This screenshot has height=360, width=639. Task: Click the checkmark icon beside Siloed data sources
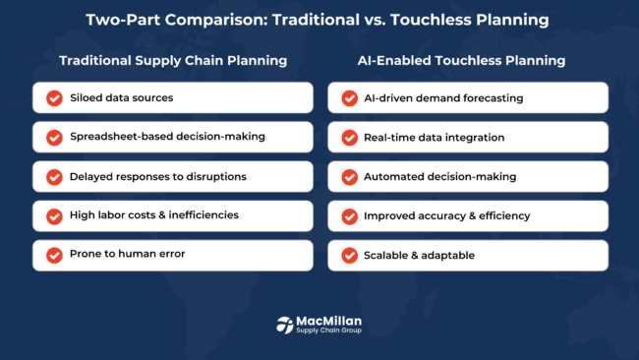pos(53,98)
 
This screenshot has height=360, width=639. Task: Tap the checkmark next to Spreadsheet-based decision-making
pos(53,138)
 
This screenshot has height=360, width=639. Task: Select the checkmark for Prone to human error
pos(53,256)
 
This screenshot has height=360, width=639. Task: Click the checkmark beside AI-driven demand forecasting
pos(348,98)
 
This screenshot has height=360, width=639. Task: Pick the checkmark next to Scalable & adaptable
pos(348,256)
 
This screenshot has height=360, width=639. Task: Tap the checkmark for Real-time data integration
pos(348,138)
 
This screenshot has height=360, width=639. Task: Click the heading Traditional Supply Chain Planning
pos(172,60)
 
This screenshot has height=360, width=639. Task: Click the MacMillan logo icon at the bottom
pos(285,324)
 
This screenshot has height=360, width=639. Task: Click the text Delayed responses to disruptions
pos(157,177)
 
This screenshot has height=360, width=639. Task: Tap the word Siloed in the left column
pos(87,98)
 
